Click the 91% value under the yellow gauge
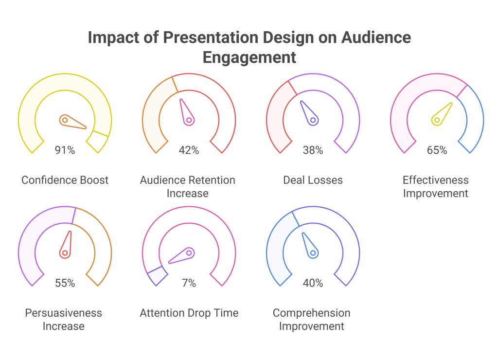point(65,150)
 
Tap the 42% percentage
point(189,150)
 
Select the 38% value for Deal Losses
point(313,150)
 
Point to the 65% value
point(437,150)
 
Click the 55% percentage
point(65,283)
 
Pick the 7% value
point(189,283)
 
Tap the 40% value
point(313,283)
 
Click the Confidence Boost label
point(65,180)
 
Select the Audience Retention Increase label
point(188,186)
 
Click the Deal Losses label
point(313,180)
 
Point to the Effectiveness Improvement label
point(436,186)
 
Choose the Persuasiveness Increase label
point(64,319)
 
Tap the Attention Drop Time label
point(189,313)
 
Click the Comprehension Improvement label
point(312,319)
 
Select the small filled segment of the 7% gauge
point(157,276)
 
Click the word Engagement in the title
point(249,57)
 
